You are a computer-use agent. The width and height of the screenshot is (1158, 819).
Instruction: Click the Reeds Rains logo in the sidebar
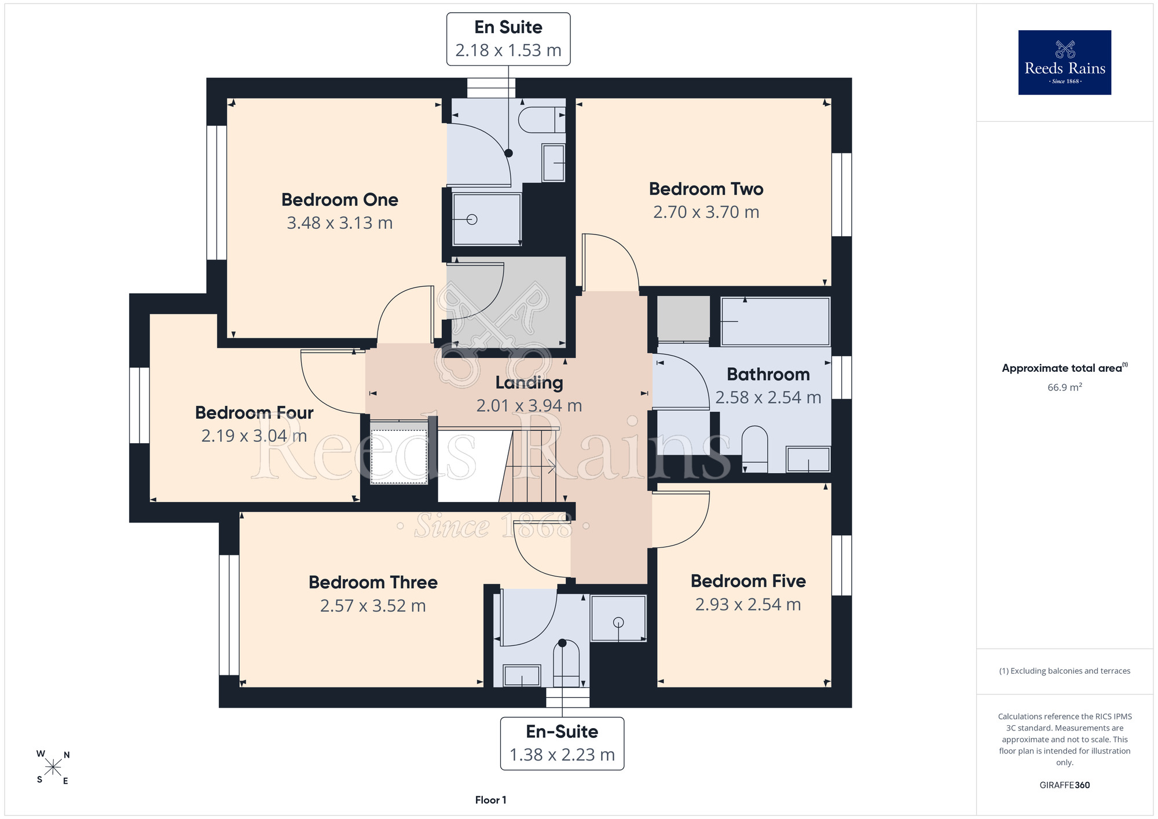[x=1064, y=63]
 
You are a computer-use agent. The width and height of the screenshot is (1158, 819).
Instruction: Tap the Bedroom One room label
[x=340, y=200]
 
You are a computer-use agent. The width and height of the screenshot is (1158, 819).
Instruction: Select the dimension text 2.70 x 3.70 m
[x=706, y=212]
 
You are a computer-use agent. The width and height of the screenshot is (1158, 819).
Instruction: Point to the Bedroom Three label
[x=373, y=582]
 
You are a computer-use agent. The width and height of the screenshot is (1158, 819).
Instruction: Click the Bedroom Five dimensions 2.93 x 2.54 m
[x=748, y=605]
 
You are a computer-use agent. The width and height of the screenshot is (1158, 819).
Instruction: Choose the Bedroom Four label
[x=254, y=412]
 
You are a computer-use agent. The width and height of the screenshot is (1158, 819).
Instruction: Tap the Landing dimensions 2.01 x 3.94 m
[x=529, y=405]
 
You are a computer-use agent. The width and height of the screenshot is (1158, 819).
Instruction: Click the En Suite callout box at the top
[x=508, y=39]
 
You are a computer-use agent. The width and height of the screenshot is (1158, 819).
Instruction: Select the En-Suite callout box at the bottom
[x=562, y=743]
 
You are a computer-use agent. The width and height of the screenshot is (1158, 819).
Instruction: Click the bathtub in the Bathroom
[x=775, y=321]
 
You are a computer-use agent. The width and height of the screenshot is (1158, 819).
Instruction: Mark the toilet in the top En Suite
[x=542, y=120]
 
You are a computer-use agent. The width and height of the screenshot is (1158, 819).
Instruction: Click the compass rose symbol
[x=53, y=767]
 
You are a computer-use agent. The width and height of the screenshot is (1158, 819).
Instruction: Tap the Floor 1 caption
[x=490, y=800]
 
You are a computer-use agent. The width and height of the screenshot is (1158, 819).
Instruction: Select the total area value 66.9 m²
[x=1064, y=387]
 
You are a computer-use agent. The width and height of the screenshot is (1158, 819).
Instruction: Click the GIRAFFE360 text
[x=1064, y=785]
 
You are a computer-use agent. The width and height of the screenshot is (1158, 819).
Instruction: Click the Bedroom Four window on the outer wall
[x=139, y=405]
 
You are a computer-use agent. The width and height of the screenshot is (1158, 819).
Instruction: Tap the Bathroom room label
[x=768, y=374]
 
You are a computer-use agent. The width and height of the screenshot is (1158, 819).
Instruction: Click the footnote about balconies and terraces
[x=1064, y=671]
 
